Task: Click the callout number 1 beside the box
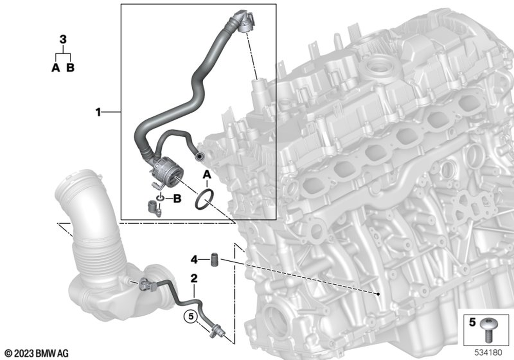tap(98, 113)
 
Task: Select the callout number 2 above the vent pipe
tap(194, 279)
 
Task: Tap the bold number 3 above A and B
tap(63, 40)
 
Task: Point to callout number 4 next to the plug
tap(194, 260)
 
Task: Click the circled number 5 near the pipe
tap(191, 317)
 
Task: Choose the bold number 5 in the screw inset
tap(472, 322)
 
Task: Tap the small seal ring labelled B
tap(160, 199)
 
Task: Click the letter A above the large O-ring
tap(207, 175)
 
